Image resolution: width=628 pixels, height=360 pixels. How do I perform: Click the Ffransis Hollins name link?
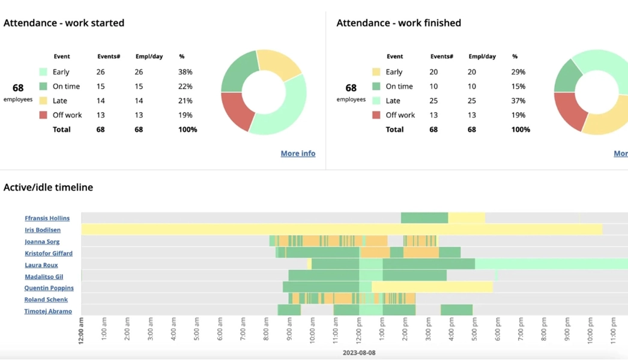[x=47, y=218]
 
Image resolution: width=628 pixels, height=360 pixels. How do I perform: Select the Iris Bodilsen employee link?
[x=43, y=230]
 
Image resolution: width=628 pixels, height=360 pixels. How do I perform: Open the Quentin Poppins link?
[x=49, y=288]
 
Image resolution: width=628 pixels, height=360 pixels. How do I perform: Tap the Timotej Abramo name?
[x=48, y=311]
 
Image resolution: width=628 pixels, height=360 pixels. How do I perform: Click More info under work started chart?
[x=298, y=154]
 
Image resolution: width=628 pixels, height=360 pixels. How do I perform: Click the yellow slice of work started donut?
[x=279, y=65]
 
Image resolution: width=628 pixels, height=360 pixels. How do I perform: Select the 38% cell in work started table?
[x=185, y=72]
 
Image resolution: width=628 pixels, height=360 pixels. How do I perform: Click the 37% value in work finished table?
[x=518, y=101]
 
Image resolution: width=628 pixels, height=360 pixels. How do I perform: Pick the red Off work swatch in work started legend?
[x=43, y=115]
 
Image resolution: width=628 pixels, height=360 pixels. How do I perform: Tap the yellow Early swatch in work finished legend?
[x=376, y=72]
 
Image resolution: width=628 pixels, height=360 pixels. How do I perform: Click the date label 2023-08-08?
[x=359, y=353]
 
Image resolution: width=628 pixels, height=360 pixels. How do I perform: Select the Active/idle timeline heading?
[x=48, y=188]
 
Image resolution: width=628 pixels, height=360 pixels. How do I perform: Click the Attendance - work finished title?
[x=399, y=23]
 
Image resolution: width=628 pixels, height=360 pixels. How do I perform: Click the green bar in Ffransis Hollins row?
[x=424, y=218]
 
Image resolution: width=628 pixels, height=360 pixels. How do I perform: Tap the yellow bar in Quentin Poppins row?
[x=432, y=287]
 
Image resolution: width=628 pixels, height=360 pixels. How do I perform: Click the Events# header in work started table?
[x=109, y=56]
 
